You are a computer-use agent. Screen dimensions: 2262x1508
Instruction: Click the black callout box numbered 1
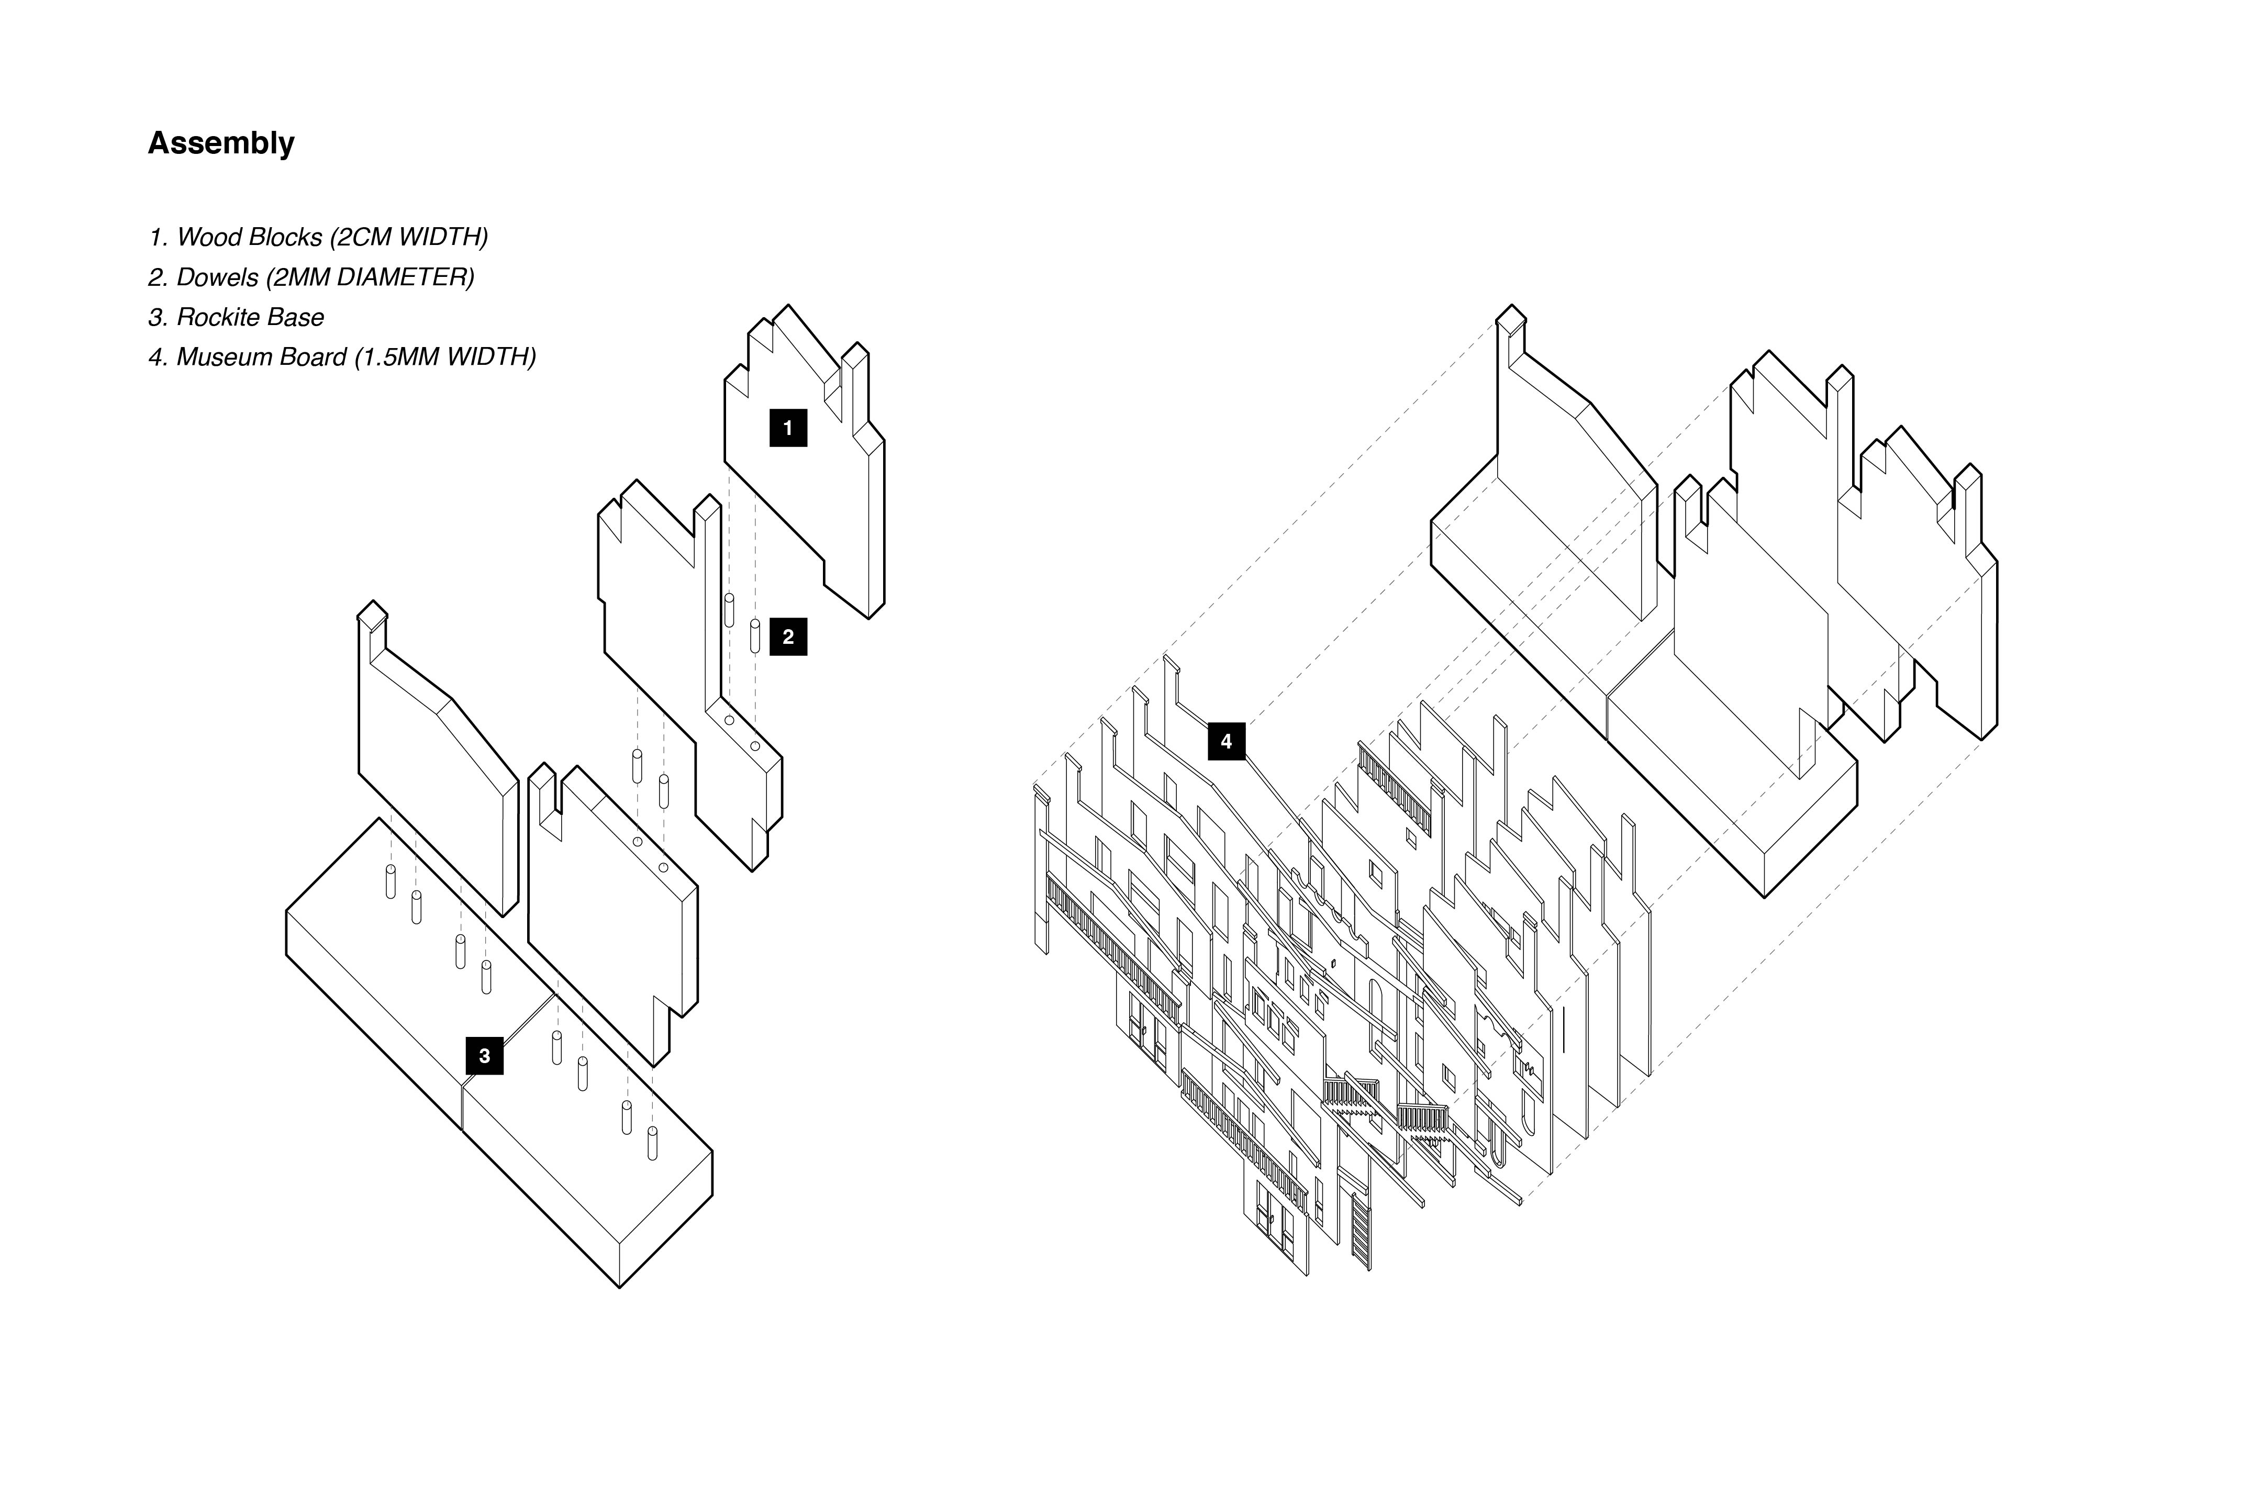point(788,428)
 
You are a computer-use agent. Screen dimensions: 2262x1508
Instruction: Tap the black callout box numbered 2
point(788,636)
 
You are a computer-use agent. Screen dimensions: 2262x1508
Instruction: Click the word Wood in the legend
point(205,238)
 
